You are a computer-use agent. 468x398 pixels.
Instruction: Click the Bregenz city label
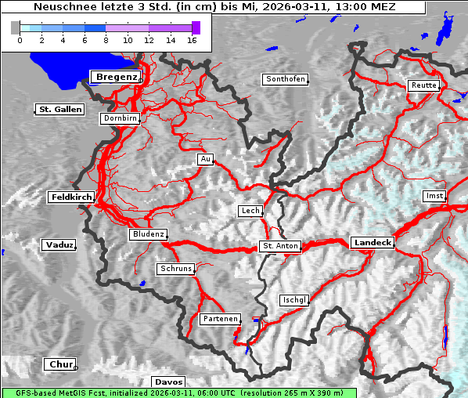click(116, 77)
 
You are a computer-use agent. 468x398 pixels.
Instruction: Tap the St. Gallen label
click(59, 110)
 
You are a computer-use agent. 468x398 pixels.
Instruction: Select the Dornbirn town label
click(121, 118)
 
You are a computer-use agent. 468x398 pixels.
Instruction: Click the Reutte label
click(423, 85)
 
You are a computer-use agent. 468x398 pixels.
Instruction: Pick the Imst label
click(434, 195)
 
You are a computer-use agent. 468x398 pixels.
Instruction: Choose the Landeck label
click(373, 243)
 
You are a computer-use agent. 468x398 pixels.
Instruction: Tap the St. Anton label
click(279, 246)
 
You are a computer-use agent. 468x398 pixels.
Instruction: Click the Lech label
click(250, 211)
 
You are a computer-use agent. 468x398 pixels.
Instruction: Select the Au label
click(205, 159)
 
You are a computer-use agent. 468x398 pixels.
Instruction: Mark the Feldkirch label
click(71, 197)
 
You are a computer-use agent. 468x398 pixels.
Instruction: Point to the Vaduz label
click(59, 245)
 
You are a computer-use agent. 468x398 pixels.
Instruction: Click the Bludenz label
click(148, 234)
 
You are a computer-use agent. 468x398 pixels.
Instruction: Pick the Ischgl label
click(295, 300)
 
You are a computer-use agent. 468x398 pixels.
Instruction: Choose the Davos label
click(169, 382)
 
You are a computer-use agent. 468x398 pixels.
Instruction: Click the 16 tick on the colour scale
click(193, 39)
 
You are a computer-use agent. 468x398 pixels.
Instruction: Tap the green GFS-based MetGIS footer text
click(178, 393)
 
